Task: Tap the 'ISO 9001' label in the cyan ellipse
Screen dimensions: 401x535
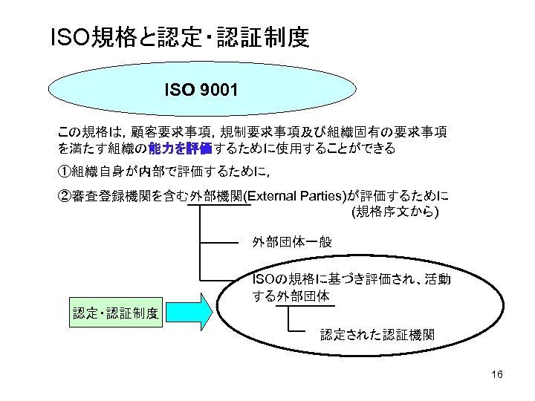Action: tap(201, 91)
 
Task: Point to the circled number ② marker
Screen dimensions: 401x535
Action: tap(65, 196)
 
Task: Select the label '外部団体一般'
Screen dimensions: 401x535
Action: tap(292, 243)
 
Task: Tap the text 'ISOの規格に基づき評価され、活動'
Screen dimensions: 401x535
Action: tap(352, 279)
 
